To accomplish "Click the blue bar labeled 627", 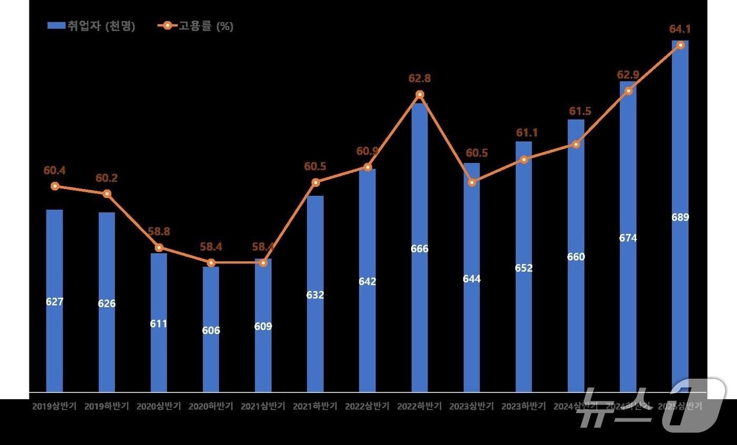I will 54,301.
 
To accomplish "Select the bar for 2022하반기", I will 420,248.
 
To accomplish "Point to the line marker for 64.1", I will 680,45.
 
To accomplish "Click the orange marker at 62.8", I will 420,95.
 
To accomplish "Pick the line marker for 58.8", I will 158,248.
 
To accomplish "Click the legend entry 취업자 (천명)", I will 91,26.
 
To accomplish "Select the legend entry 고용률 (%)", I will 196,26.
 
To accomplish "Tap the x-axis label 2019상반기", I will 54,407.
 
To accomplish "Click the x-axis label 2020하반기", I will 211,407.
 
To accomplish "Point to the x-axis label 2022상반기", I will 367,407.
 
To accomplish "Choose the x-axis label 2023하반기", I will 524,407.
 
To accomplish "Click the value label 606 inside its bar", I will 211,331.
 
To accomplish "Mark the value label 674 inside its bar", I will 628,238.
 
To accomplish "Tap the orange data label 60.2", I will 106,178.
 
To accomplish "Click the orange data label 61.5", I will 580,111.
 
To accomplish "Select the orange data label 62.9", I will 628,75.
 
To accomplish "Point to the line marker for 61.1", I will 524,160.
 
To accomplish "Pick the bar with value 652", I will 524,268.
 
